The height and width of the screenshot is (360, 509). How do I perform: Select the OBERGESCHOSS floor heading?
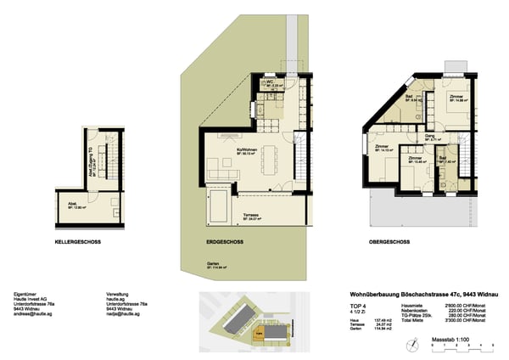(390, 241)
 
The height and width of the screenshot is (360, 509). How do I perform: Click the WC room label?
(269, 83)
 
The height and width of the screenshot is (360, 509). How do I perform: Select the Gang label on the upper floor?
(430, 137)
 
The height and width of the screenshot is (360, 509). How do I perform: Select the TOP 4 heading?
(359, 305)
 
